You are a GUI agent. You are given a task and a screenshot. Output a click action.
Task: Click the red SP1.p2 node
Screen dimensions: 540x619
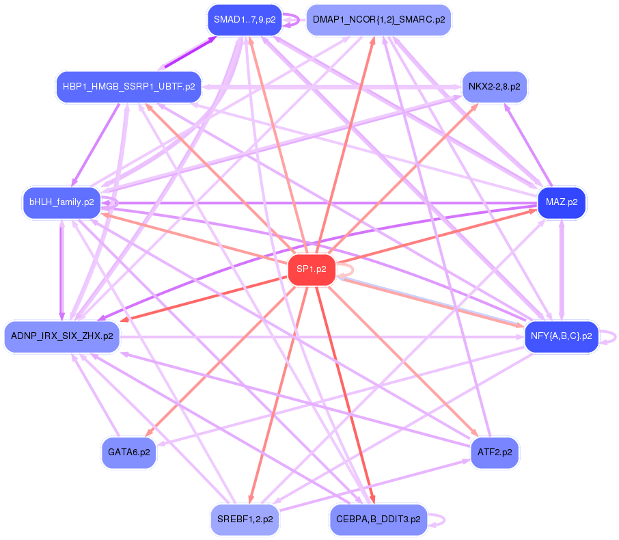(312, 270)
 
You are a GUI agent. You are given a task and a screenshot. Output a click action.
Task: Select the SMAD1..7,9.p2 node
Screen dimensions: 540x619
(244, 19)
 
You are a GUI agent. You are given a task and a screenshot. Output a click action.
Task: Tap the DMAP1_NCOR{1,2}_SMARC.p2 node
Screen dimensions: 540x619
(379, 19)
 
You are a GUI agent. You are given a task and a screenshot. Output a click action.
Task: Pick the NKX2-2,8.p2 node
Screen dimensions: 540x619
(494, 87)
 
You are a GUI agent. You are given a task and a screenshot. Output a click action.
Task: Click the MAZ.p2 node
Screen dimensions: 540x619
(562, 202)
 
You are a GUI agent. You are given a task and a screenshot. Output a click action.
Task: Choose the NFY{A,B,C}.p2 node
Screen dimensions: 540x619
(561, 336)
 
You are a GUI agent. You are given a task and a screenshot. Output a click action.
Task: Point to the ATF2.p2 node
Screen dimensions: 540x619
(494, 452)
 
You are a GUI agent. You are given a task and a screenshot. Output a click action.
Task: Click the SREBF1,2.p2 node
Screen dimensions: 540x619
(245, 519)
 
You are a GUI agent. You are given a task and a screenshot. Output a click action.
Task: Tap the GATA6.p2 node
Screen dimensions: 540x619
(129, 452)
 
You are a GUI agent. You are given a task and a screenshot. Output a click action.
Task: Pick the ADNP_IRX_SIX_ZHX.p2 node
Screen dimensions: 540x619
(62, 336)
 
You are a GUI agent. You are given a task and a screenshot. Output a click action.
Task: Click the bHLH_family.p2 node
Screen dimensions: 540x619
(61, 202)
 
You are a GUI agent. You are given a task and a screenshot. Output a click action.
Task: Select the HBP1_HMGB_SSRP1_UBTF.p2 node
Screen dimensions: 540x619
(128, 87)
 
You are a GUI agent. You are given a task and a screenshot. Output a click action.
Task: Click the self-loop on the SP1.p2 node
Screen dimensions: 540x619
(347, 271)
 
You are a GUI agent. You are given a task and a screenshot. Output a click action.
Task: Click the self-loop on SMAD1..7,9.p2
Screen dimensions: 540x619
(294, 19)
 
